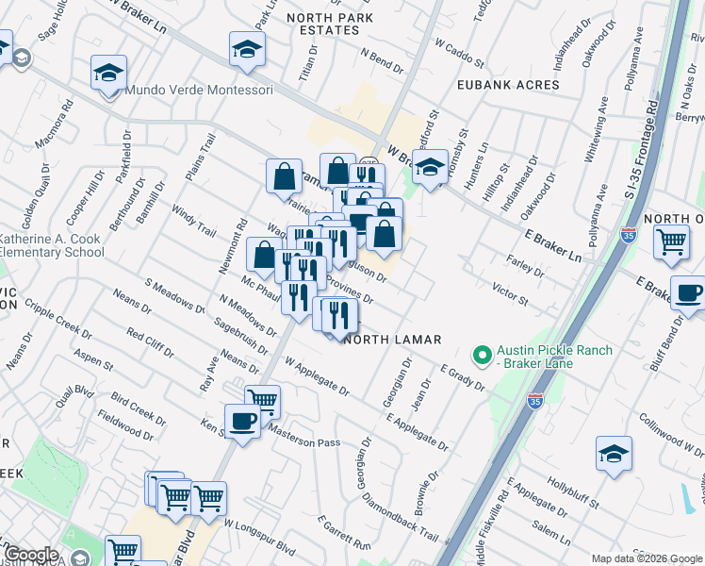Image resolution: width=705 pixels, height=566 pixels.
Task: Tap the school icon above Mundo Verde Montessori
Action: click(x=108, y=72)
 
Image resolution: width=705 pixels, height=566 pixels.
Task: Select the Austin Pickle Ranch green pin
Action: click(x=483, y=357)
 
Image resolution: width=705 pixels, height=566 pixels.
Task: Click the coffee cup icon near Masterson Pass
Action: click(x=242, y=421)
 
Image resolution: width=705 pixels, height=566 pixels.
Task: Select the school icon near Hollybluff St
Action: click(x=614, y=453)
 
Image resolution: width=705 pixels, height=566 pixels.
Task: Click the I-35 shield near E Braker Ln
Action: click(x=629, y=236)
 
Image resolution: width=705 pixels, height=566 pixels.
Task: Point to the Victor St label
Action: click(x=510, y=291)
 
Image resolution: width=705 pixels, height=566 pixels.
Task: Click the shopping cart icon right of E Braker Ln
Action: click(x=670, y=241)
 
